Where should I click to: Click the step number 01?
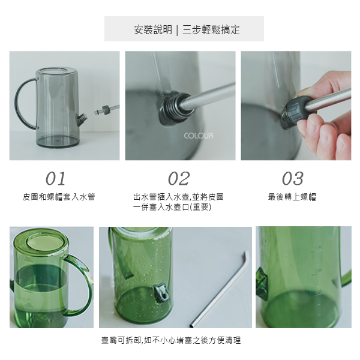(56, 178)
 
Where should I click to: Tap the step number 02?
(179, 178)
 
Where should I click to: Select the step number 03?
(293, 178)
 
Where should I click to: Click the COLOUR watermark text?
(199, 136)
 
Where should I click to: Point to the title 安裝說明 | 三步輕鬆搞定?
(187, 29)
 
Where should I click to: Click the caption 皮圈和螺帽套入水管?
(59, 197)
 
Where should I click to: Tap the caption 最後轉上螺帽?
(292, 197)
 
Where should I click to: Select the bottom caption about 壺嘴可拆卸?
(171, 340)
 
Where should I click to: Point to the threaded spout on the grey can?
(82, 119)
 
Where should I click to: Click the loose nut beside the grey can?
(106, 110)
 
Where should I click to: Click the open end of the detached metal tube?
(192, 325)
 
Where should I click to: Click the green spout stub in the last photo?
(262, 284)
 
